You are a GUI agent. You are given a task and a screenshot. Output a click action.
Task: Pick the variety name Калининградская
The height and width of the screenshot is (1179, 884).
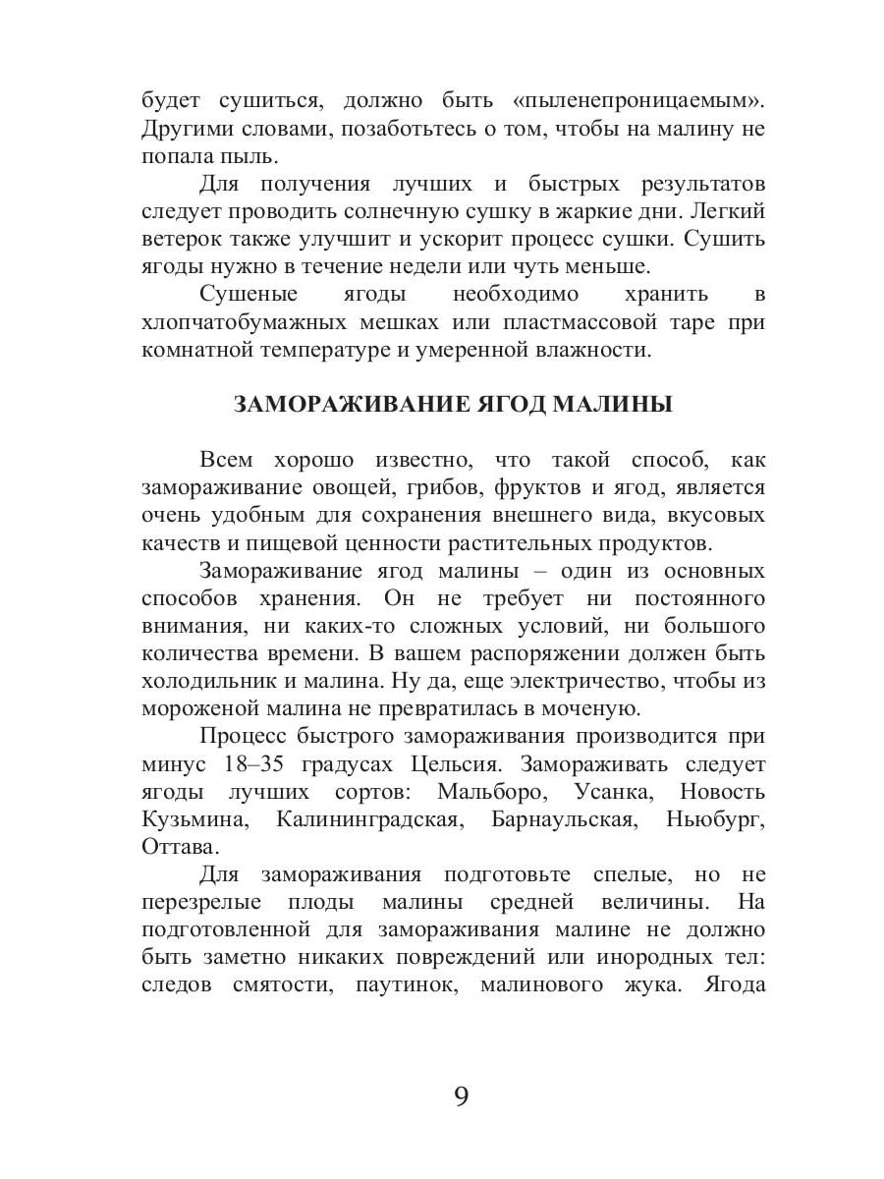368,818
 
